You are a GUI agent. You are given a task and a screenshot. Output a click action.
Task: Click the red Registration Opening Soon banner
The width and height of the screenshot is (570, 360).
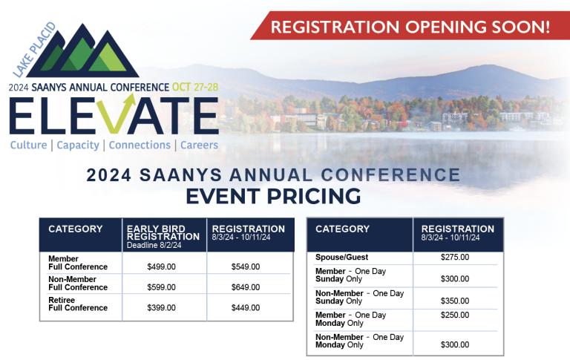point(410,25)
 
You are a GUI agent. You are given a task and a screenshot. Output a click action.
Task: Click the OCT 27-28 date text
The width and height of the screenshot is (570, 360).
point(195,88)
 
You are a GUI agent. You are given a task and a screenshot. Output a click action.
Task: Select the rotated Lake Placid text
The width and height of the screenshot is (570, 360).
point(35,50)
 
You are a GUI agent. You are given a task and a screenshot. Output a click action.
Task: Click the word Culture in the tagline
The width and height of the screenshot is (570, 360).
point(29,145)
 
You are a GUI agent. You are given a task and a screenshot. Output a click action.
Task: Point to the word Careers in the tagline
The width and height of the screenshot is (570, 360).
point(199,145)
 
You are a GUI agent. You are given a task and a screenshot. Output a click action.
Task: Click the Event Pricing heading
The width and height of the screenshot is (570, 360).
point(273,197)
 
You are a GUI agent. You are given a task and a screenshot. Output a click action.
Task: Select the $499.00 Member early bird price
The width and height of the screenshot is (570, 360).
point(161,267)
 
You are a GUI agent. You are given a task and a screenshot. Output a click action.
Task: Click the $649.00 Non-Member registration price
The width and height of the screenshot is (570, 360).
point(246,287)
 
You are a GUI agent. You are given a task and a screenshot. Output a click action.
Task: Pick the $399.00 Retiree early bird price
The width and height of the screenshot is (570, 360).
point(161,307)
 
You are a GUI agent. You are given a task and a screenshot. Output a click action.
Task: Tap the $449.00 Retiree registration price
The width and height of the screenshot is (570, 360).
point(246,307)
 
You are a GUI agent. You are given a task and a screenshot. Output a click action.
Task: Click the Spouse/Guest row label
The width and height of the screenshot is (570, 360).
point(341,257)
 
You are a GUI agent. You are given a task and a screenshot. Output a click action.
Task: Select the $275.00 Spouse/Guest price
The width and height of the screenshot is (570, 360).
point(455,257)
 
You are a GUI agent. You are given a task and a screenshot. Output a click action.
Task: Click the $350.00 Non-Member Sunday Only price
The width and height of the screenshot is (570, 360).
point(455,301)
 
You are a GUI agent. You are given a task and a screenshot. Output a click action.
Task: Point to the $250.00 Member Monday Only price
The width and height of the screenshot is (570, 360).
point(455,315)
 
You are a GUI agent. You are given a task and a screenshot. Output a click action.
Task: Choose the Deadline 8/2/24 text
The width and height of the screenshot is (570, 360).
point(154,245)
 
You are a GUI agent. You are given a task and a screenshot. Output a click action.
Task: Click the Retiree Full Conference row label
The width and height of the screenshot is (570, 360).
point(78,304)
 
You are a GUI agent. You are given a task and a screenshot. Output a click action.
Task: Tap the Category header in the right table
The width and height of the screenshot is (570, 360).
point(342,229)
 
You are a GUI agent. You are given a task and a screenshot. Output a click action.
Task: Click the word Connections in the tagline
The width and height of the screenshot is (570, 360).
point(140,145)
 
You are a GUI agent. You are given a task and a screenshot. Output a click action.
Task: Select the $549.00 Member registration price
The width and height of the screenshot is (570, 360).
point(246,267)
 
